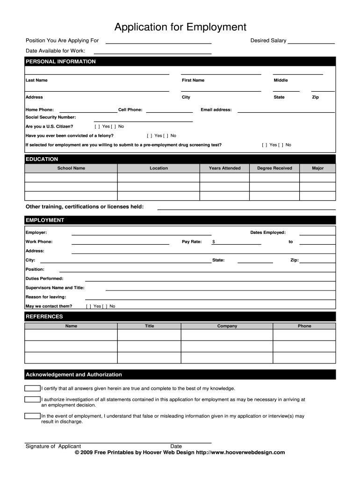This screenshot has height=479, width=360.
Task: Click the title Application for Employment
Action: point(180,27)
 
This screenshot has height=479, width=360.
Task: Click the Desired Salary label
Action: point(268,41)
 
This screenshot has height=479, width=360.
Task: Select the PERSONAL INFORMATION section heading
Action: point(60,62)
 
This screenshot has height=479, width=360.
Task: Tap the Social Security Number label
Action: point(50,117)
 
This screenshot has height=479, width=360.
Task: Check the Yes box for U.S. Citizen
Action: point(97,127)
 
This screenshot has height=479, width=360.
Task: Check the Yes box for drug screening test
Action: point(265,145)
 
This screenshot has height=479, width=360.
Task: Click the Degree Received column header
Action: point(274,168)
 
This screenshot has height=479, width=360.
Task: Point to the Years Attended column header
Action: point(224,168)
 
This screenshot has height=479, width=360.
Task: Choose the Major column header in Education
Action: point(317,168)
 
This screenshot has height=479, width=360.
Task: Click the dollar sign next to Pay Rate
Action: point(214,242)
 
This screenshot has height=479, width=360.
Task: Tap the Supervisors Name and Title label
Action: point(55,288)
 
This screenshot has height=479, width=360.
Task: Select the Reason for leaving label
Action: point(45,297)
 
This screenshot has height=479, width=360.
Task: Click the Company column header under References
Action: point(227,326)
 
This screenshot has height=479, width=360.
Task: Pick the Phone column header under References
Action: point(304,326)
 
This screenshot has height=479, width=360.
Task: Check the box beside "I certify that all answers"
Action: point(32,388)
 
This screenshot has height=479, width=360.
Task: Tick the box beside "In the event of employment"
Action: point(32,416)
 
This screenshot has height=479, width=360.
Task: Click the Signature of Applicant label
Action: point(53,446)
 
